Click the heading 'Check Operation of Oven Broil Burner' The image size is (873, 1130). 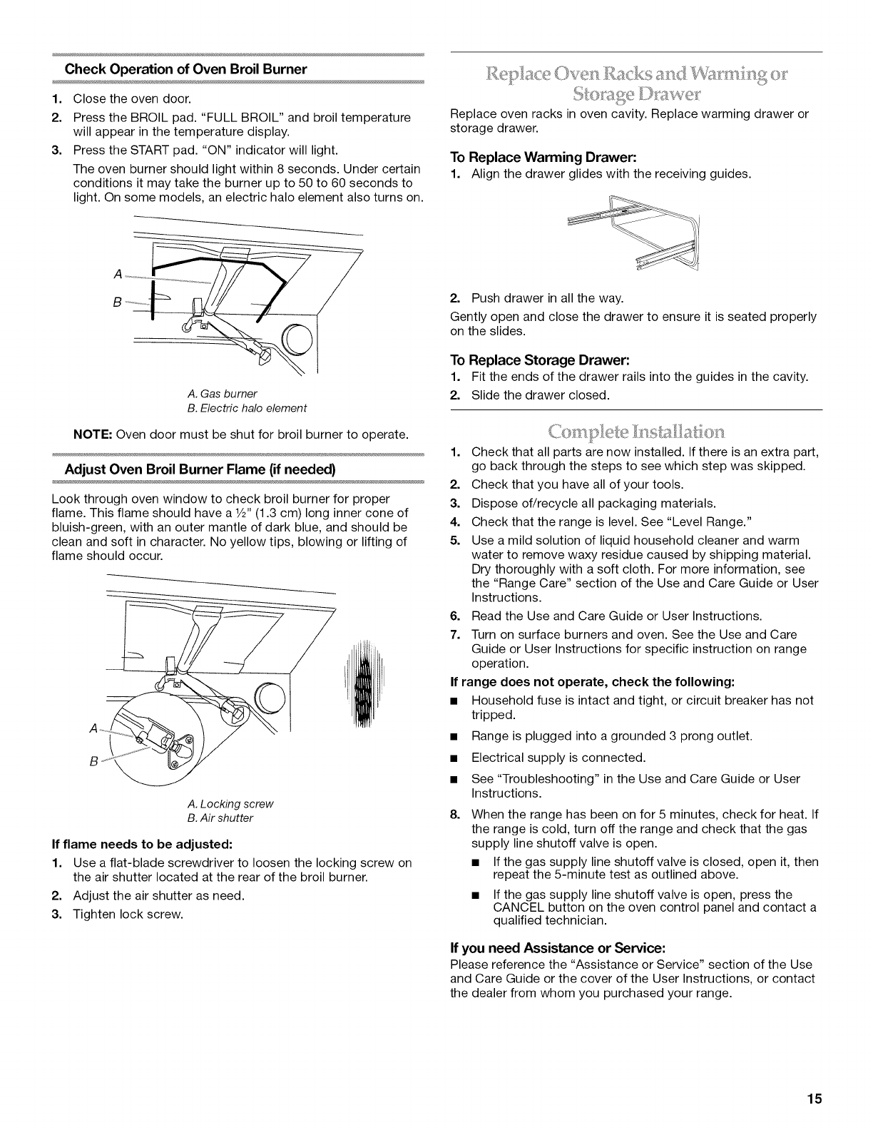pos(186,69)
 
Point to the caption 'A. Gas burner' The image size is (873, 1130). pos(223,394)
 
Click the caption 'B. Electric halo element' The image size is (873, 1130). pos(247,408)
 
